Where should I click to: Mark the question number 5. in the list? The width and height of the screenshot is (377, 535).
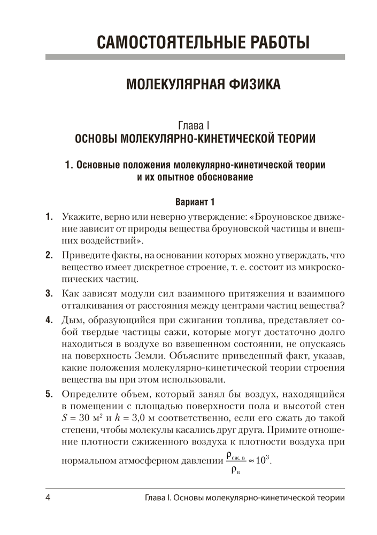tap(49, 394)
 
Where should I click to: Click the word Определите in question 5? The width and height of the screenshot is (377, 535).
tap(90, 394)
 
